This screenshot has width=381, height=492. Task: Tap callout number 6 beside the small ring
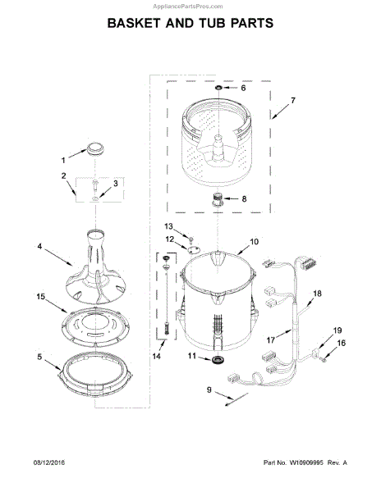pos(243,89)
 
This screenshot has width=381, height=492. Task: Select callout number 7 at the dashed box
pos(293,101)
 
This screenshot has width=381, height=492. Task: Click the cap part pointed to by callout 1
pos(95,148)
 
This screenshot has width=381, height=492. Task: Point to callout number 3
pos(115,184)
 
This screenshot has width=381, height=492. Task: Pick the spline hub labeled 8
pos(217,199)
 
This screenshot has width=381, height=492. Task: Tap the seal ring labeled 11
pos(217,360)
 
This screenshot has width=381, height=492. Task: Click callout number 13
pos(168,226)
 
